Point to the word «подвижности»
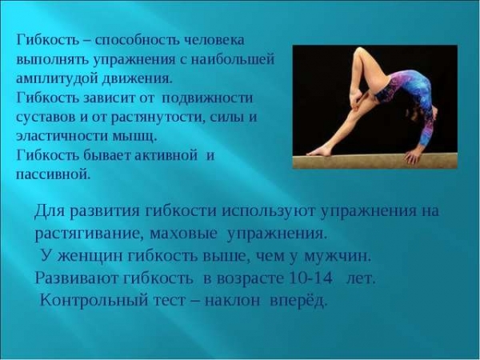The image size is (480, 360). (207, 98)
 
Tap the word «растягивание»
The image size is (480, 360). (88, 234)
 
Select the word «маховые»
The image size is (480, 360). (184, 234)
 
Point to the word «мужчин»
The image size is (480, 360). (338, 257)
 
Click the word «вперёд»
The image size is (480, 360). (298, 301)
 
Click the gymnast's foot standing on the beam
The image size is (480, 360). (319, 151)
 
